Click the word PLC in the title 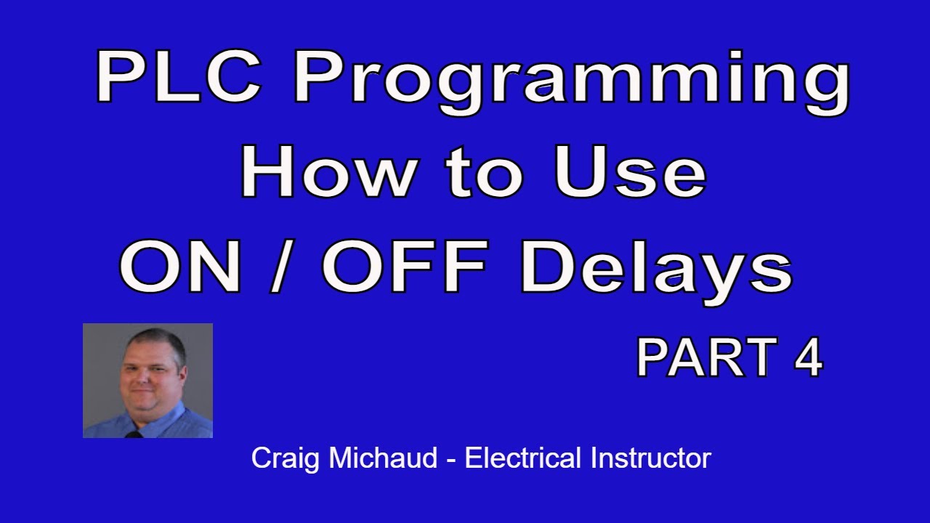[181, 78]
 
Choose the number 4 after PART [807, 358]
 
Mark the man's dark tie [134, 434]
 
